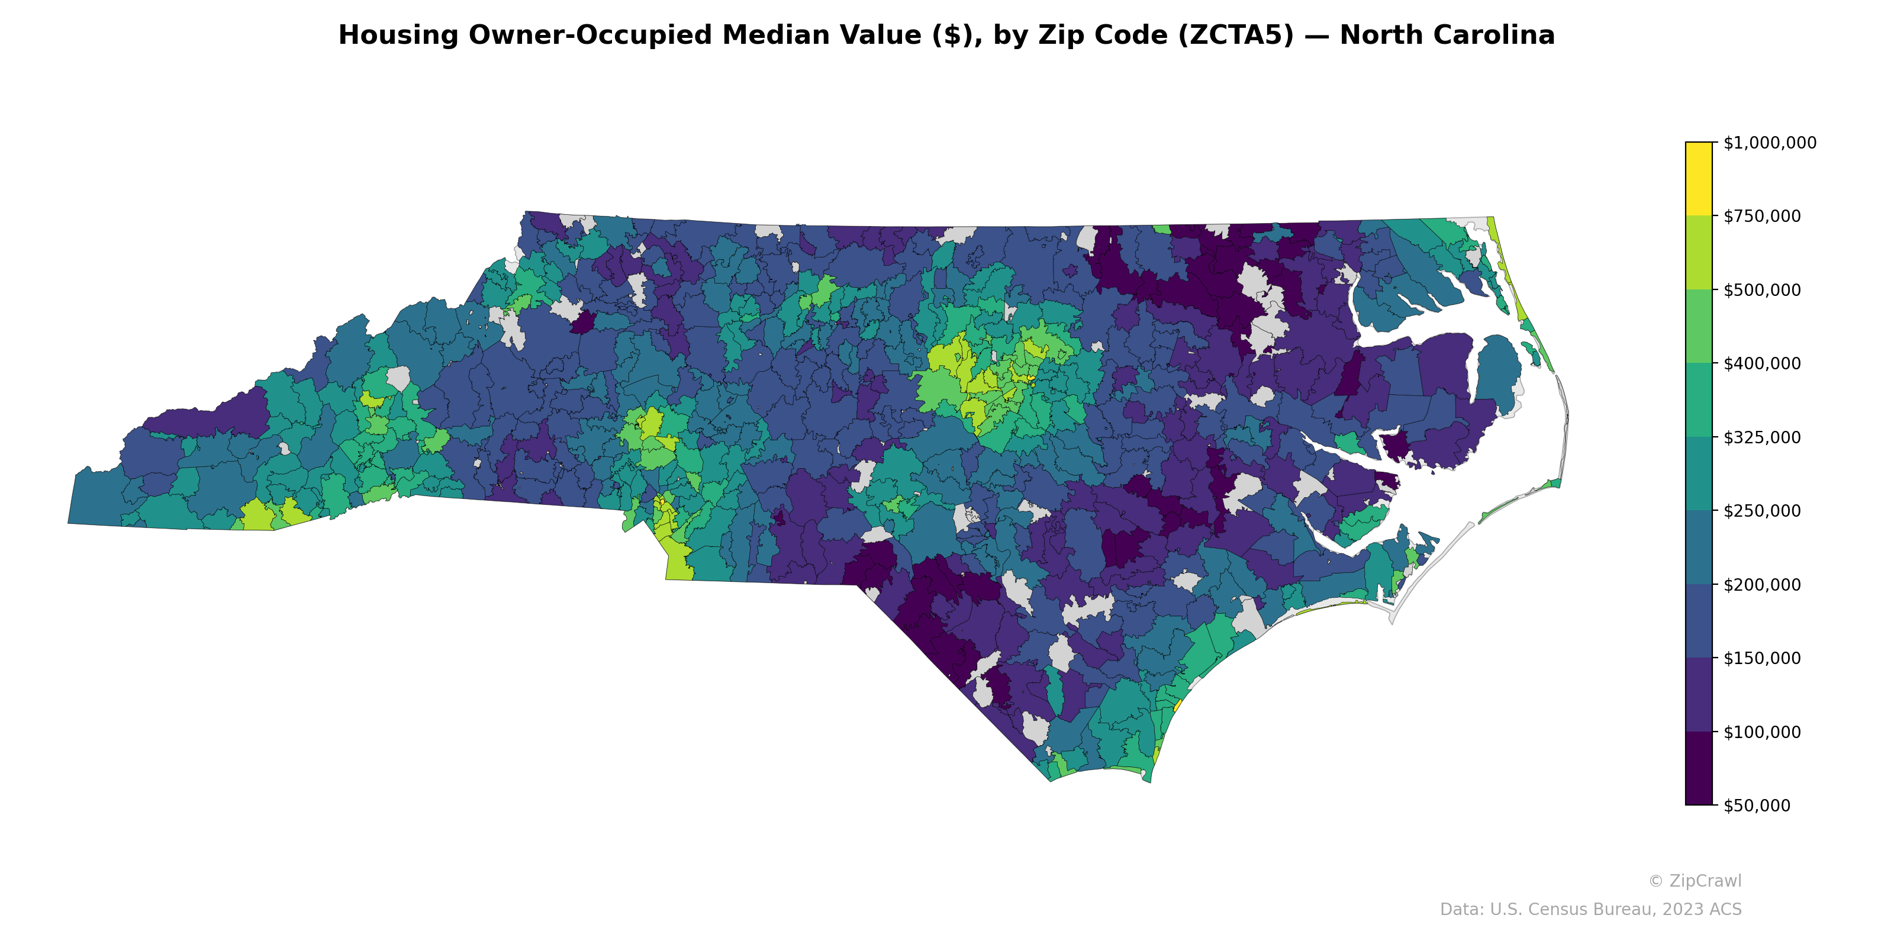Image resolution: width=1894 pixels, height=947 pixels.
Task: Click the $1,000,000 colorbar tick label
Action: (1769, 143)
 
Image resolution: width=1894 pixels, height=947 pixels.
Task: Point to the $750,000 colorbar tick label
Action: (1761, 216)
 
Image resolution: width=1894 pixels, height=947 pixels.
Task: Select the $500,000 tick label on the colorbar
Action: (1761, 289)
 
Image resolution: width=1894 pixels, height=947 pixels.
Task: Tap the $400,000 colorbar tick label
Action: (1761, 363)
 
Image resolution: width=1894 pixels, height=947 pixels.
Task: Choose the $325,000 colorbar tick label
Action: (1761, 437)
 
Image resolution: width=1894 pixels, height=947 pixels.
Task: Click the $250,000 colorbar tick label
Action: (1761, 511)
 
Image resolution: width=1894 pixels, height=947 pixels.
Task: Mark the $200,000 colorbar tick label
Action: (1761, 585)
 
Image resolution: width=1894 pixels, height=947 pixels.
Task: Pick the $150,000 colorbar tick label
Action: (1761, 658)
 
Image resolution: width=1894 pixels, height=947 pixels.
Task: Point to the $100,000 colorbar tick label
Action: (1761, 732)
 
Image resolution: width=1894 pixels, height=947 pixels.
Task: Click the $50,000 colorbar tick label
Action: (1757, 806)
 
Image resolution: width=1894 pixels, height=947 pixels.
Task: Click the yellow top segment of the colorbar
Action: (1699, 179)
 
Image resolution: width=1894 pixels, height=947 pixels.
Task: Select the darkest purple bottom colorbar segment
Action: (1699, 768)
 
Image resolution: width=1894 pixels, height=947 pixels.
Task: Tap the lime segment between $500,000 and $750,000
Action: (1699, 252)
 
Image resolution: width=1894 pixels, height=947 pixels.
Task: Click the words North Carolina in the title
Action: (1446, 36)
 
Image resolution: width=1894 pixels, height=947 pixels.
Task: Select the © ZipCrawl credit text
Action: (1694, 881)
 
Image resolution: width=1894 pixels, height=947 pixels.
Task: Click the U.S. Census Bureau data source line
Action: (1590, 910)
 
